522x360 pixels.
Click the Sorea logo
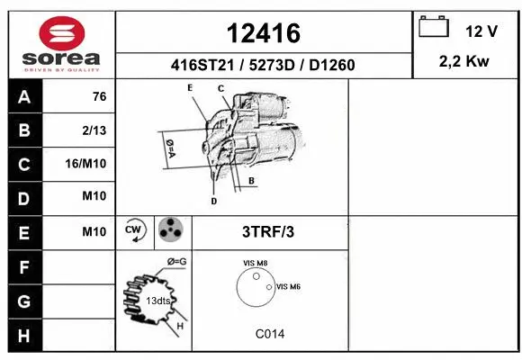(x=61, y=43)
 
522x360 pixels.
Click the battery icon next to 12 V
(x=434, y=28)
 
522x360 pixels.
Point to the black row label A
(x=23, y=97)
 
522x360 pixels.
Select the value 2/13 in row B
(x=94, y=130)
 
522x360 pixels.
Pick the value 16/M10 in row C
(x=86, y=165)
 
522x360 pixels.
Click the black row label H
(x=23, y=336)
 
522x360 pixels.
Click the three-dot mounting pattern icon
(x=170, y=231)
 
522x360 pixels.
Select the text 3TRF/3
(x=268, y=231)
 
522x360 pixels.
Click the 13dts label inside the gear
(x=158, y=300)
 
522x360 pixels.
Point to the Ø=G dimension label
(x=176, y=262)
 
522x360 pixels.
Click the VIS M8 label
(x=255, y=263)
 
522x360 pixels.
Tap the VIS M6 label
(x=288, y=286)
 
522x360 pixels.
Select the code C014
(x=269, y=333)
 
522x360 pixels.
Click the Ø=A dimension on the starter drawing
(x=168, y=149)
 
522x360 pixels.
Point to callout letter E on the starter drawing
(x=190, y=87)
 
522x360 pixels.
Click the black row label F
(x=23, y=267)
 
